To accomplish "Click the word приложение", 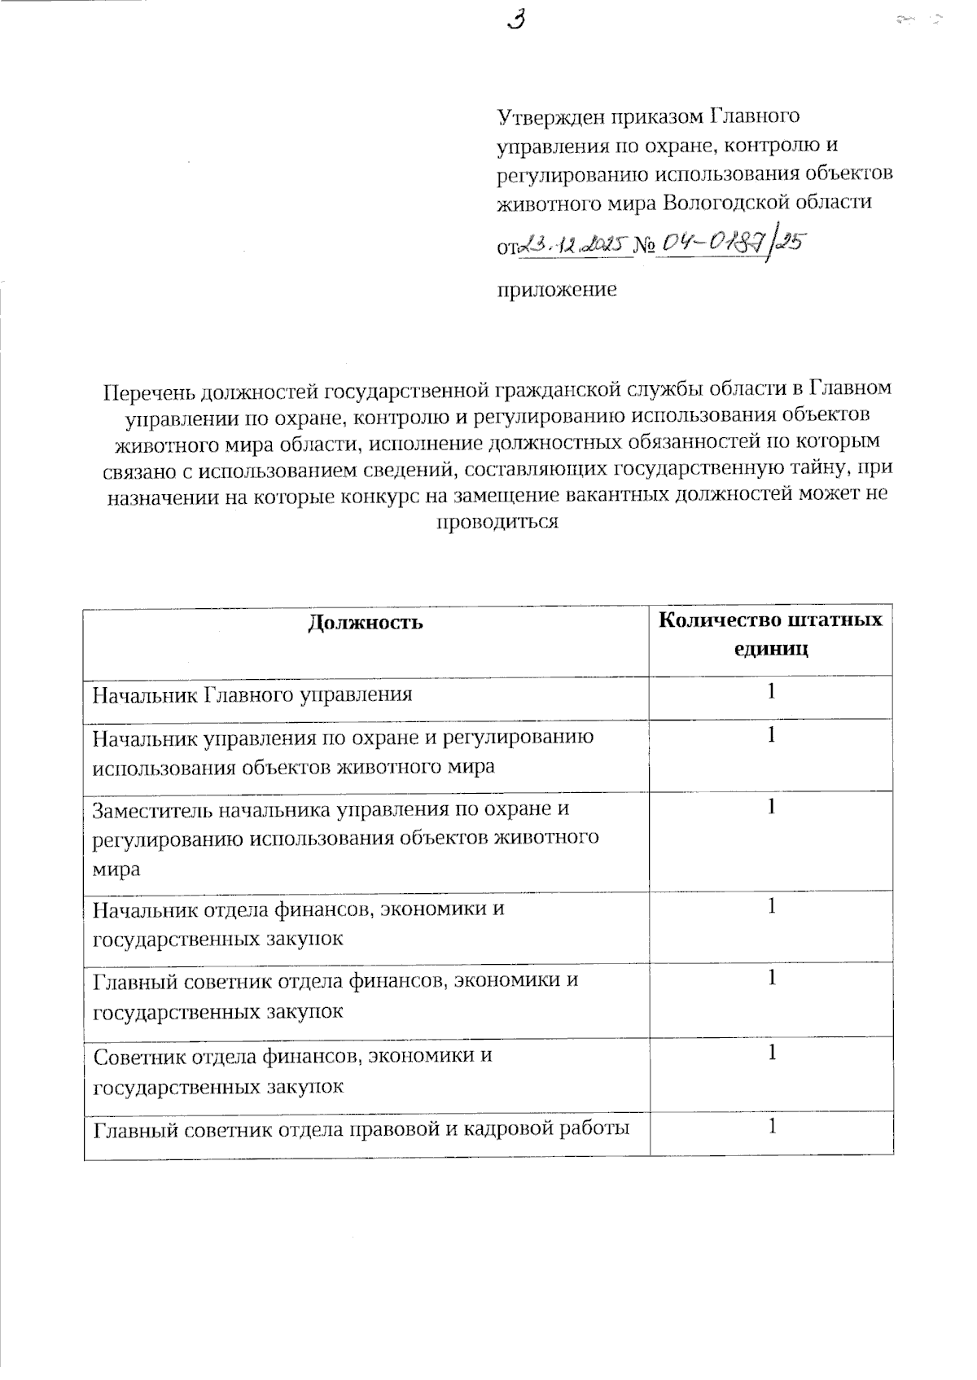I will [557, 289].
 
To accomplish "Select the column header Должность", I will [366, 623].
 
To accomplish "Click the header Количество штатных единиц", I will [770, 634].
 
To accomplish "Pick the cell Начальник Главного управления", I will [252, 694].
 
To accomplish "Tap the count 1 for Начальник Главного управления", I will [770, 691].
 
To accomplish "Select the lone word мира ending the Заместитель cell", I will [116, 869].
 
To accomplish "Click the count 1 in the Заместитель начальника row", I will [770, 806].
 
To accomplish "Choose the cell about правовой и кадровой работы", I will [361, 1129].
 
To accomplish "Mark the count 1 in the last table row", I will [770, 1126].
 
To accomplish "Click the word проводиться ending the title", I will [497, 522].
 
